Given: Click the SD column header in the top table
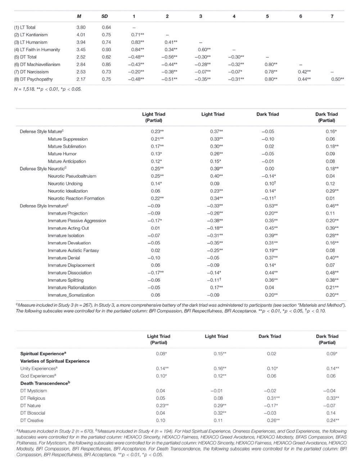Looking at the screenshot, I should (x=105, y=16).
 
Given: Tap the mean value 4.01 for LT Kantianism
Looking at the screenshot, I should (x=81, y=35).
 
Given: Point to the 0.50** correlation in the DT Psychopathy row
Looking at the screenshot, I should (x=337, y=79).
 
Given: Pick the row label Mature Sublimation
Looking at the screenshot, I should (x=67, y=147).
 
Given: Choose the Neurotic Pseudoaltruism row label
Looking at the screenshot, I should (x=72, y=176).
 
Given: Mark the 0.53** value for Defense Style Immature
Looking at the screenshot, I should (x=271, y=206).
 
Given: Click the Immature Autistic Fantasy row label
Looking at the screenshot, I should (x=73, y=251).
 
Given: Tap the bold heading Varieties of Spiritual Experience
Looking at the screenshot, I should (x=55, y=361).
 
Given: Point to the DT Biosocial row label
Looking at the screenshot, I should (x=33, y=413).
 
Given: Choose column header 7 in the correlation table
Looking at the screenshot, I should (x=332, y=16).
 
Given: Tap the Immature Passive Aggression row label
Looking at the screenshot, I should (x=77, y=221).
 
